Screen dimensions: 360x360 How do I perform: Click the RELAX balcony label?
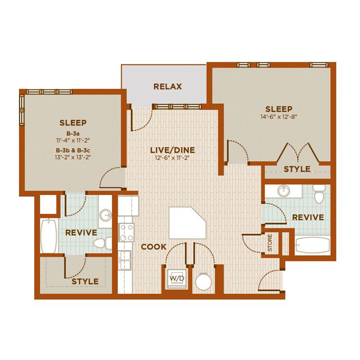pyautogui.click(x=168, y=86)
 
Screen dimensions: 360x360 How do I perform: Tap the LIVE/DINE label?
pyautogui.click(x=172, y=150)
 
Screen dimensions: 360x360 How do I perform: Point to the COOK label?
pyautogui.click(x=154, y=247)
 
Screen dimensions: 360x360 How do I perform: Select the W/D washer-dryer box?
pyautogui.click(x=177, y=278)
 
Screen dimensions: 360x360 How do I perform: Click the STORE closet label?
pyautogui.click(x=270, y=242)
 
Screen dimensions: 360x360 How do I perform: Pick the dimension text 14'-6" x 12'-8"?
pyautogui.click(x=279, y=117)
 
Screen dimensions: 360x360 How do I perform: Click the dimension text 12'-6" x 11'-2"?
pyautogui.click(x=172, y=158)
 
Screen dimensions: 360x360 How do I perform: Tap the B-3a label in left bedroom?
pyautogui.click(x=73, y=133)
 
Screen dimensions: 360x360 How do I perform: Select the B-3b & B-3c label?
pyautogui.click(x=73, y=150)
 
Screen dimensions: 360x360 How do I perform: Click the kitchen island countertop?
pyautogui.click(x=188, y=223)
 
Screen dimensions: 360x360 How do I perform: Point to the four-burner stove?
pyautogui.click(x=126, y=232)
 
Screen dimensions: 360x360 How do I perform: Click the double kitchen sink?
pyautogui.click(x=125, y=260)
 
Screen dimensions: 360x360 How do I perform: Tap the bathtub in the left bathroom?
pyautogui.click(x=49, y=236)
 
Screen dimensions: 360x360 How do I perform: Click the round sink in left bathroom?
pyautogui.click(x=105, y=215)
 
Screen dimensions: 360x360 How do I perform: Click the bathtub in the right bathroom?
pyautogui.click(x=313, y=245)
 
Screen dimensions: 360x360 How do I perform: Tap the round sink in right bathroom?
pyautogui.click(x=284, y=191)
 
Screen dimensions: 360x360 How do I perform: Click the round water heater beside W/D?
pyautogui.click(x=204, y=282)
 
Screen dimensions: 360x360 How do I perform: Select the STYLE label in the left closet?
pyautogui.click(x=85, y=282)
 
